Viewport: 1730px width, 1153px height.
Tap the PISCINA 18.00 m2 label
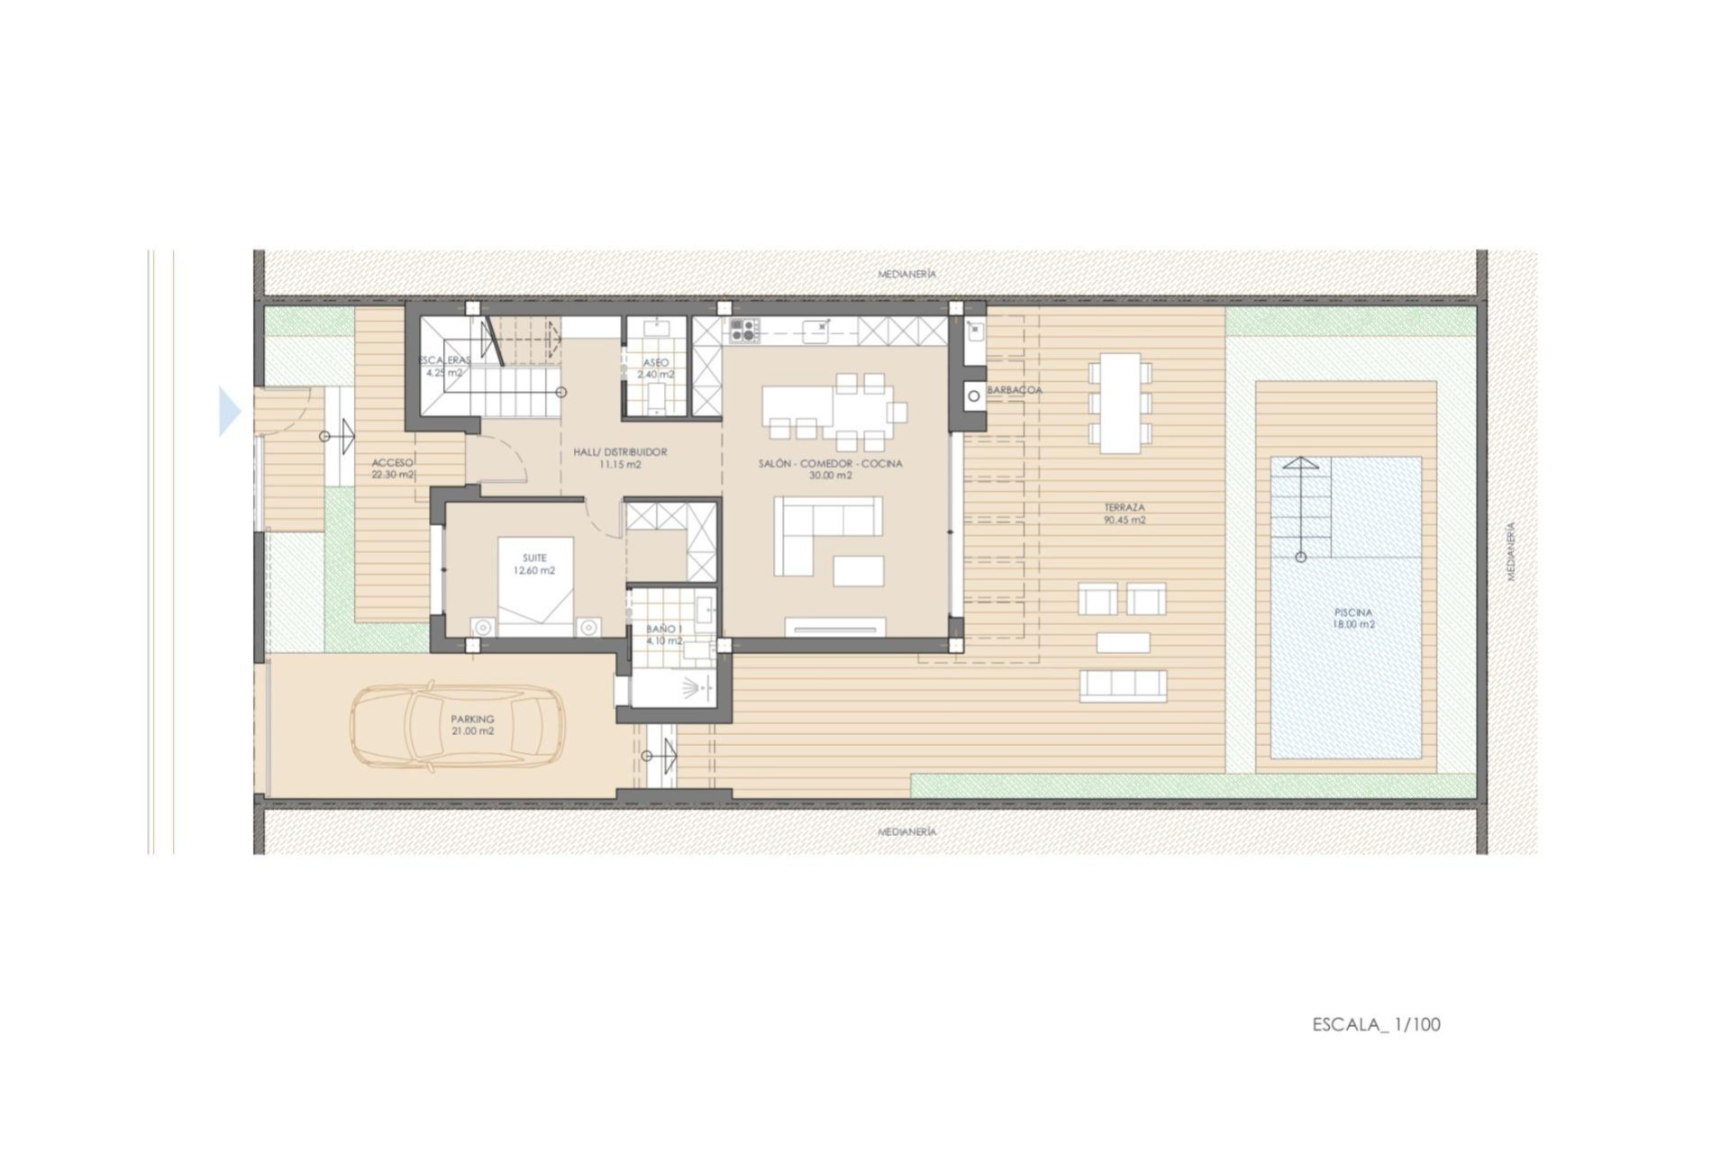point(1354,618)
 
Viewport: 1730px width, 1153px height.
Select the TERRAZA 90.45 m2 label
point(1124,513)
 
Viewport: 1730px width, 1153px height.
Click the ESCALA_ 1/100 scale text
point(1376,1024)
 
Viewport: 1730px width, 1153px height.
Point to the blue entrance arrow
point(230,412)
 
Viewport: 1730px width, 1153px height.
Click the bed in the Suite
point(536,586)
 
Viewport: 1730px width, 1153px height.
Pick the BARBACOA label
point(1015,390)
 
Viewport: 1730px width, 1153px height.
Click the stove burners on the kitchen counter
point(744,331)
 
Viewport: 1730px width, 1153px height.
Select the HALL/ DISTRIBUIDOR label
point(620,458)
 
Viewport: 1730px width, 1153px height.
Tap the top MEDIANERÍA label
point(907,274)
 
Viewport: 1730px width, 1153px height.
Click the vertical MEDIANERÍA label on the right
point(1511,551)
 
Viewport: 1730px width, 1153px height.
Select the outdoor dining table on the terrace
point(1120,402)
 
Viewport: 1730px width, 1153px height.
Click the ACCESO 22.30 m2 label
point(393,468)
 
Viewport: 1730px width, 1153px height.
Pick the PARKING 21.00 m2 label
point(472,725)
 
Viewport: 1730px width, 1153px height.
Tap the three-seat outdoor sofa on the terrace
point(1123,685)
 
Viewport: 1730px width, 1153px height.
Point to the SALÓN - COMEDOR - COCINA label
point(830,469)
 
